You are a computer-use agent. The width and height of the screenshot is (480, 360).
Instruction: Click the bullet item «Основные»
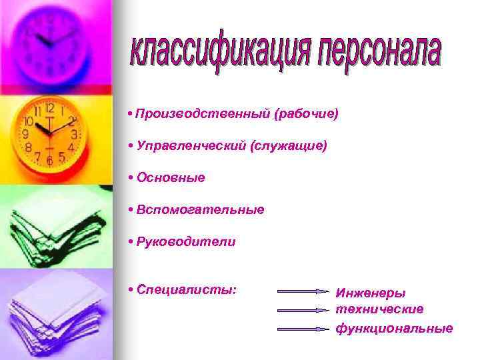tap(171, 178)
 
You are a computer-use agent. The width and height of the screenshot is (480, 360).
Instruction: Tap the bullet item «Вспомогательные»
tap(200, 210)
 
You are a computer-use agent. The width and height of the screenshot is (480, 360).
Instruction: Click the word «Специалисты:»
tap(187, 291)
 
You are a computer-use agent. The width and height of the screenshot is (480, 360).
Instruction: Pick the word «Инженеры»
tap(371, 293)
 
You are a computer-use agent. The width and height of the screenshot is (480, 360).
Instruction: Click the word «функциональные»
tap(394, 328)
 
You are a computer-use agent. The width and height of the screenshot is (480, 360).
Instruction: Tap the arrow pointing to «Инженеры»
tap(303, 291)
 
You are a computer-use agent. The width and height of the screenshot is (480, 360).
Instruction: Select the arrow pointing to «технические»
tap(303, 310)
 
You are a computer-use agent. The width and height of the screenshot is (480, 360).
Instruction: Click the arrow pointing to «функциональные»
tap(303, 329)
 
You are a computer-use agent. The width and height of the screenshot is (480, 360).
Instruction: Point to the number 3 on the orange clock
tap(73, 134)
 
